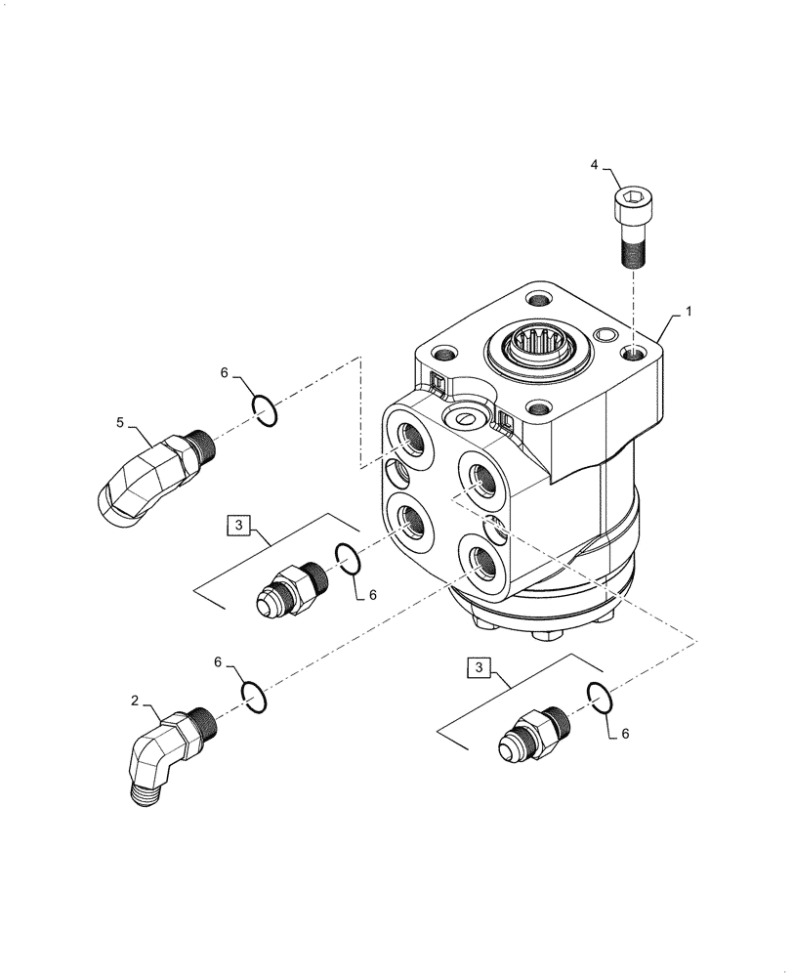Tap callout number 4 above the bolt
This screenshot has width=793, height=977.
[x=593, y=167]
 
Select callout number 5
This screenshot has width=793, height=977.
[x=120, y=422]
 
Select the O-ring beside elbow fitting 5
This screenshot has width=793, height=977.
[x=265, y=410]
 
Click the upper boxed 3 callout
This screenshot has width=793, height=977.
[x=240, y=525]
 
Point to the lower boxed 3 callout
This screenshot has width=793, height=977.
[x=478, y=667]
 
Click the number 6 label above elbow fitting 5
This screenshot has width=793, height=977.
[x=224, y=373]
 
